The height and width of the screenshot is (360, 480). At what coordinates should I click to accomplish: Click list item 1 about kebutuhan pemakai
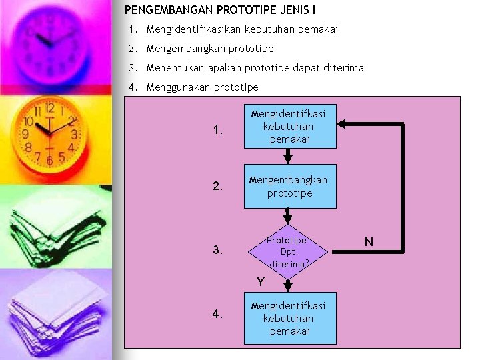241,29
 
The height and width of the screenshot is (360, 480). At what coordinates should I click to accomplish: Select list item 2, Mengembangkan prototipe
209,49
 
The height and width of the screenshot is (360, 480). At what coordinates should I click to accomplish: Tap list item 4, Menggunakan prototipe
202,87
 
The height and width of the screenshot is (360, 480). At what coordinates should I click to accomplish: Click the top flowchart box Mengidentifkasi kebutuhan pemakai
290,126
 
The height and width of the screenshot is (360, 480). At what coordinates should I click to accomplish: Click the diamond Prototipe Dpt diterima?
288,251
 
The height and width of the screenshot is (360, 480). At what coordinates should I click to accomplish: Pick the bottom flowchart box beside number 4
290,317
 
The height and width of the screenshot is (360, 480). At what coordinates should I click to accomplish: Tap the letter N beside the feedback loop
368,241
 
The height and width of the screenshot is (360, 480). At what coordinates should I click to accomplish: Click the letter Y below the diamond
262,282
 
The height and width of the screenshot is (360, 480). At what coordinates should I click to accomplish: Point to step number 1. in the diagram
218,131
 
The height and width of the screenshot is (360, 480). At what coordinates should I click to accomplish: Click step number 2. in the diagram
218,187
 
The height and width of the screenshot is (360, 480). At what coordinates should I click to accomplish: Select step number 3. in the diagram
218,251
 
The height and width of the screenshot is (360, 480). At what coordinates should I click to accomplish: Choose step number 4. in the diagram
218,315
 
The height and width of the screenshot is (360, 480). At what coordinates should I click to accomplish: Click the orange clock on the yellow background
48,133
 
